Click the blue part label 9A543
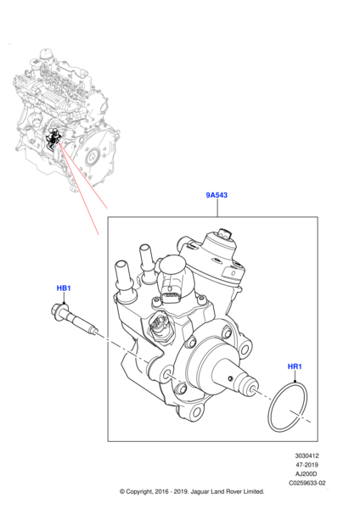(217, 195)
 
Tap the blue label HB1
(64, 288)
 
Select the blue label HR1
(295, 366)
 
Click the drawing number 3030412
(307, 456)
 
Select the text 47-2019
(307, 465)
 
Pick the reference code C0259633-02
(307, 483)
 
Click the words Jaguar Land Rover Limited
(228, 491)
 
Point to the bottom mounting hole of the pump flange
(197, 412)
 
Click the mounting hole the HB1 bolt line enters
(168, 373)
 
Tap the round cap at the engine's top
(46, 53)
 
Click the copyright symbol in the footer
(122, 491)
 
